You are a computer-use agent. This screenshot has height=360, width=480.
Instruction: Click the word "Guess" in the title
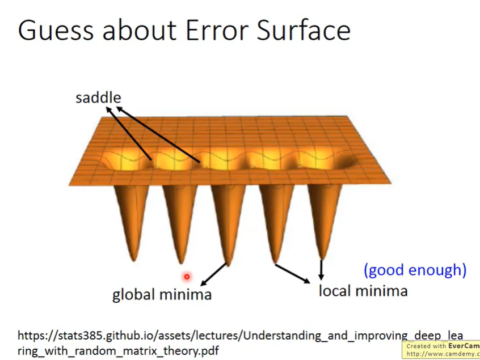[56, 30]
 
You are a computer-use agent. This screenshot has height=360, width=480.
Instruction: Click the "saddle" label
[98, 98]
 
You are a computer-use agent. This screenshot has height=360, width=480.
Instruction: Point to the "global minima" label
[162, 294]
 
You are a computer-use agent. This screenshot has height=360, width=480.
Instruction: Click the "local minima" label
[363, 290]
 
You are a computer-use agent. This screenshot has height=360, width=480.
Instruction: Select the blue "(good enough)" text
[415, 270]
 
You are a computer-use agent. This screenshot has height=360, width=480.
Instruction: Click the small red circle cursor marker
[187, 277]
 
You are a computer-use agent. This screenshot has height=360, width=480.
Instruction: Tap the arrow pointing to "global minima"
[214, 275]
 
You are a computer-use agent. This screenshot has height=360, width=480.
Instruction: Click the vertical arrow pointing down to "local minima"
[321, 270]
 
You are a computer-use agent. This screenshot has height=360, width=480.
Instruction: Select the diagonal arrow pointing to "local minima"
[293, 274]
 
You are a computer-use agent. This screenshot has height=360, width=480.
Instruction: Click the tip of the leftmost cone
[134, 261]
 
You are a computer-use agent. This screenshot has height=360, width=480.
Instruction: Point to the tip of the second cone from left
[181, 262]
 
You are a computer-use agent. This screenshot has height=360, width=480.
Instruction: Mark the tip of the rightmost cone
[321, 259]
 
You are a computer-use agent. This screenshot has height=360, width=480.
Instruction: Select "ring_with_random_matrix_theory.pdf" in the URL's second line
[118, 350]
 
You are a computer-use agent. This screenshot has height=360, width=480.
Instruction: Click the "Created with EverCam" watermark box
[441, 350]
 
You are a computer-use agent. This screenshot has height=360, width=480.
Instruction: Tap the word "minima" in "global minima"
[186, 294]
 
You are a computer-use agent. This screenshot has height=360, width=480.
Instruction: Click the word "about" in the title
[140, 30]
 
